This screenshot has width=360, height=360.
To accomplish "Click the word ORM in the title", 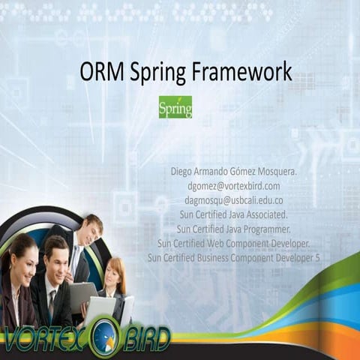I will pos(101,73).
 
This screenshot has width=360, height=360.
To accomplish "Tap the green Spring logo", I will pos(175,107).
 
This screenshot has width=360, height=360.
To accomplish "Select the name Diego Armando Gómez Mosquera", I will pos(234,172).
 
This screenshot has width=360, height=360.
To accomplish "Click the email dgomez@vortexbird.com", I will pos(234,185).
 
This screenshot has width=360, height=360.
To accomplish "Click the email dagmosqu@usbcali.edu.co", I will pos(234,199).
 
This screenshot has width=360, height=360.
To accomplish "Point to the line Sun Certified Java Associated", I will pos(234,214).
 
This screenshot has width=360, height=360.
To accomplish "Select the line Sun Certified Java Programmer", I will pos(234,228).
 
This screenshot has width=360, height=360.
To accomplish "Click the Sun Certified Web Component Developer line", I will pos(234,242).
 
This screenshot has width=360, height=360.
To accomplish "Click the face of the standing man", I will pos(91,229).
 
